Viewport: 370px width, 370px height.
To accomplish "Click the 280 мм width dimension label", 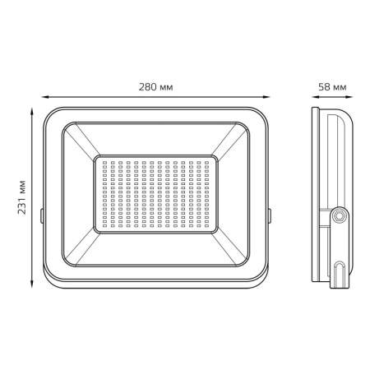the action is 155,87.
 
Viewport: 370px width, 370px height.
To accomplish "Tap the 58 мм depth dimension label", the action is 332,87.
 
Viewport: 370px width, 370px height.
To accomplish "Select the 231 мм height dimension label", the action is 21,197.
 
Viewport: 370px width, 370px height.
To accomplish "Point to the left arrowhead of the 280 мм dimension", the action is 45,97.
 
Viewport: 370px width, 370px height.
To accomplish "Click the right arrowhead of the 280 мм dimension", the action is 266,97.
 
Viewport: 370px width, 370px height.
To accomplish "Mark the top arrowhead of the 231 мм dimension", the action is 32,112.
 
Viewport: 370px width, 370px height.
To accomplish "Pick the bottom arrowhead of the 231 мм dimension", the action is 32,284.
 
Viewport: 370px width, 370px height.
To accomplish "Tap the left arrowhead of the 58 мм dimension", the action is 316,97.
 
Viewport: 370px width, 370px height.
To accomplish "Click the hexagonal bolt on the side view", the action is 340,216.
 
